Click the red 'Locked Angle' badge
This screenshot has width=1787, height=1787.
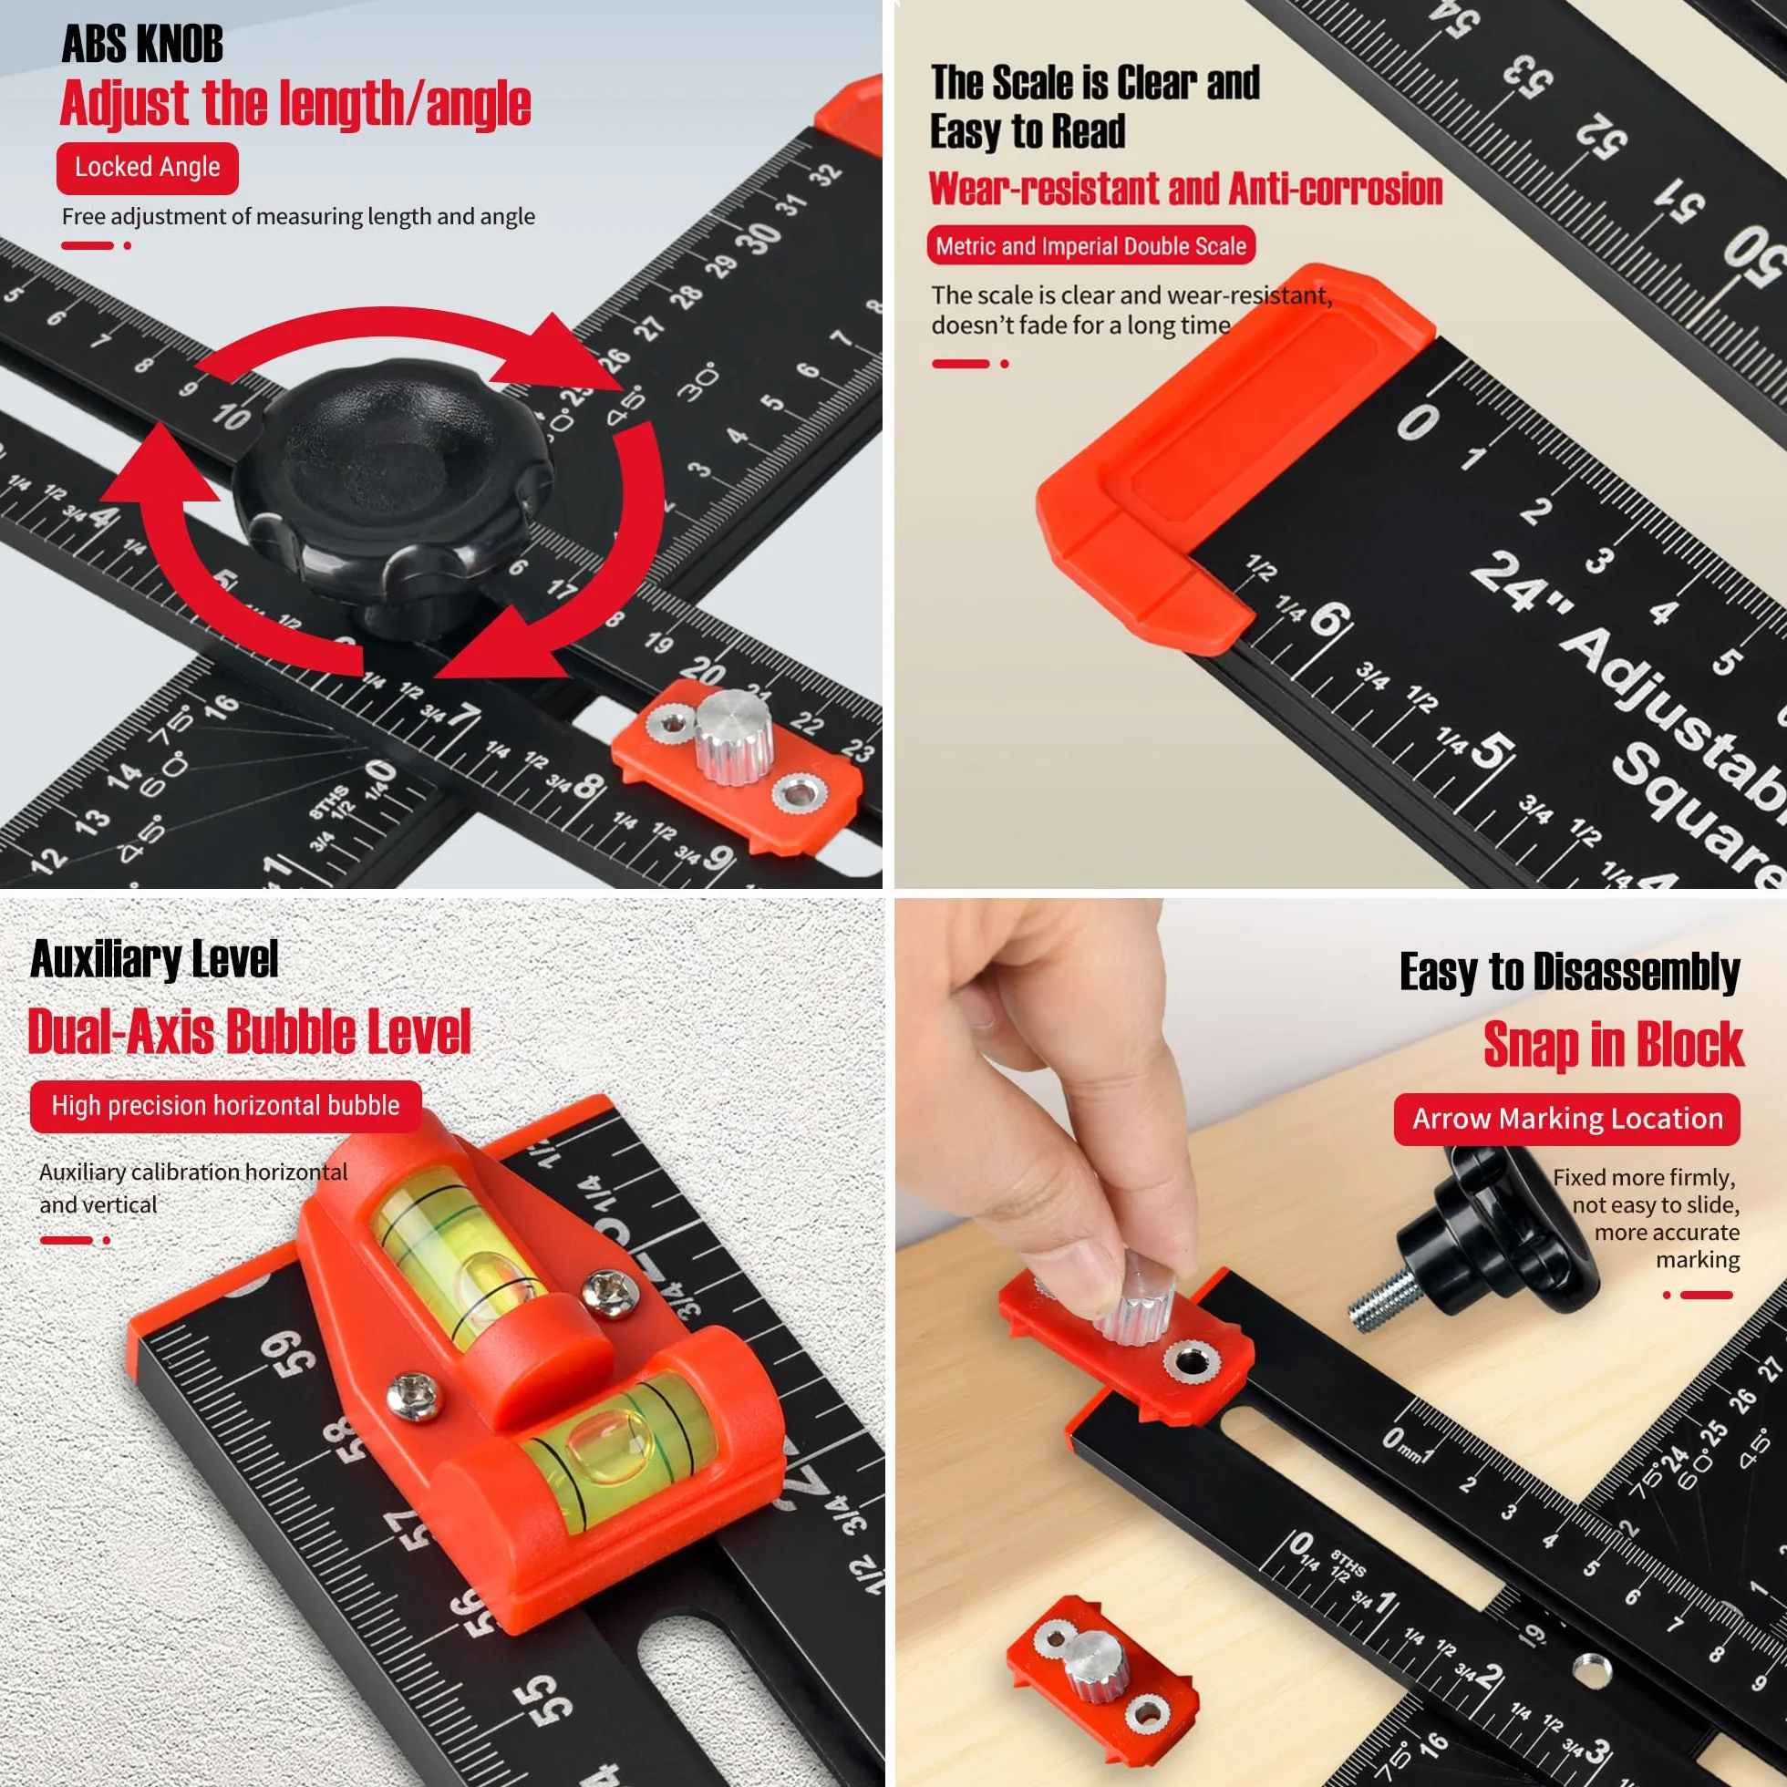coord(147,168)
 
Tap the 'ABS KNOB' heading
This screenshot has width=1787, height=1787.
coord(142,45)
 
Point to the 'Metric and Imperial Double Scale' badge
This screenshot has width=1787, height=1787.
coord(1090,246)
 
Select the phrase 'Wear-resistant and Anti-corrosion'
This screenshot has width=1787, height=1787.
coord(1186,189)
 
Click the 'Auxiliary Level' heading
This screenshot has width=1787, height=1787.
coord(154,959)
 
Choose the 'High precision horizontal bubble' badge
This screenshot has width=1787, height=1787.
coord(226,1106)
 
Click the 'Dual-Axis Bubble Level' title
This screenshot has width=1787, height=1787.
coord(250,1031)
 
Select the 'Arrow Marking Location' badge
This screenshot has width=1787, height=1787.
coord(1567,1120)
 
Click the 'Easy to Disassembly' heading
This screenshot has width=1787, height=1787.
coord(1570,972)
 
